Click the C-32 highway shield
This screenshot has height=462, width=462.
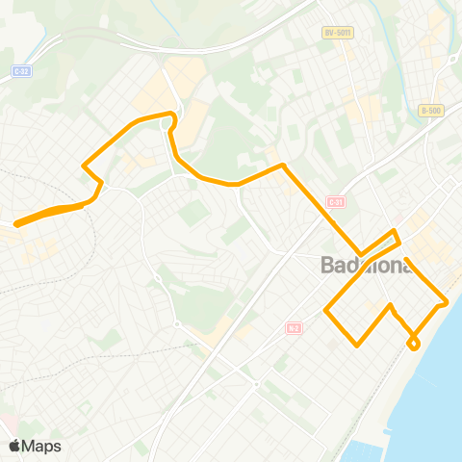(x=21, y=70)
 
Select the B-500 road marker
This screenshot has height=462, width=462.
(x=431, y=111)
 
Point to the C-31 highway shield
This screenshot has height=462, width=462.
(x=335, y=202)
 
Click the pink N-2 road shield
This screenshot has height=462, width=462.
(x=294, y=328)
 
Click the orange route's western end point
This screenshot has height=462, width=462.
(x=16, y=224)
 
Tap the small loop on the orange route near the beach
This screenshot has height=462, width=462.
(x=414, y=344)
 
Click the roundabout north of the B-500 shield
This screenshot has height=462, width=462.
(x=450, y=60)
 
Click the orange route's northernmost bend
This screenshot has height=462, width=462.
(x=171, y=115)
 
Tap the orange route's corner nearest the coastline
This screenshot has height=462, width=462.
(x=447, y=301)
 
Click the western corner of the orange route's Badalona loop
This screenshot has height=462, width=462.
(x=326, y=311)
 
